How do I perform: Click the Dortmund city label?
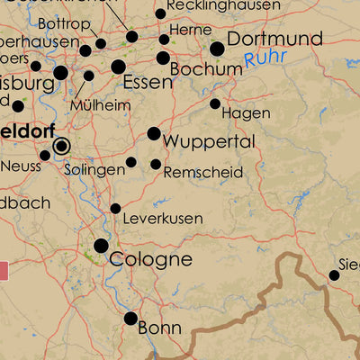[274, 40]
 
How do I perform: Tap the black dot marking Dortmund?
[217, 49]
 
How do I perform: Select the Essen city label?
[147, 83]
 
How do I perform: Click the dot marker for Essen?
[118, 67]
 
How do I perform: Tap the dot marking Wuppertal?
[154, 134]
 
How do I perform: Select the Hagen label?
[245, 113]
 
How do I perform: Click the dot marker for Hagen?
[215, 103]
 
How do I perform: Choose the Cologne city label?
[150, 259]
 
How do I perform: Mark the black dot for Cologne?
[101, 245]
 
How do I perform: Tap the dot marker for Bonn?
[131, 318]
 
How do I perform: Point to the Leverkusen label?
[162, 219]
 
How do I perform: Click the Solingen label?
[94, 170]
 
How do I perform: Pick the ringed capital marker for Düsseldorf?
[61, 145]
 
